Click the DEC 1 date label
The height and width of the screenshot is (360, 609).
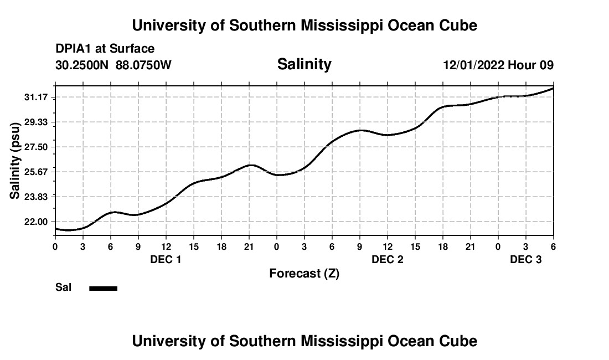166,259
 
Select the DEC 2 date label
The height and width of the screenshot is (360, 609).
387,259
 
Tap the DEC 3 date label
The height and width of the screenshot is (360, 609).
525,259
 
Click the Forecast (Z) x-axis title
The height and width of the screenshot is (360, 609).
304,274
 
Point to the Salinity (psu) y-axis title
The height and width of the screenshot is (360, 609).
15,159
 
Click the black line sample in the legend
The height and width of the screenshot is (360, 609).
104,288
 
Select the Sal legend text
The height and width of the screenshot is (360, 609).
63,288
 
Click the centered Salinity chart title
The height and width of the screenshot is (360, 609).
304,64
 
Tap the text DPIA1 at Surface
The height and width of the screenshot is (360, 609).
105,49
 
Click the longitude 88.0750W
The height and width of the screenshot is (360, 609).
143,65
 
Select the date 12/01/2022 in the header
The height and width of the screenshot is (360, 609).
473,65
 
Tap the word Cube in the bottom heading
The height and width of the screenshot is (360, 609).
460,341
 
